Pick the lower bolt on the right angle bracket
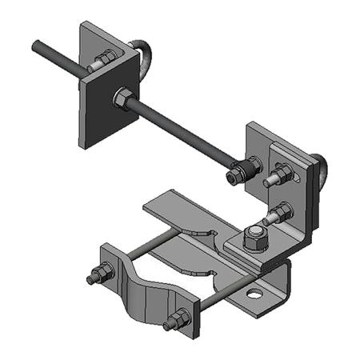(x=279, y=213)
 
